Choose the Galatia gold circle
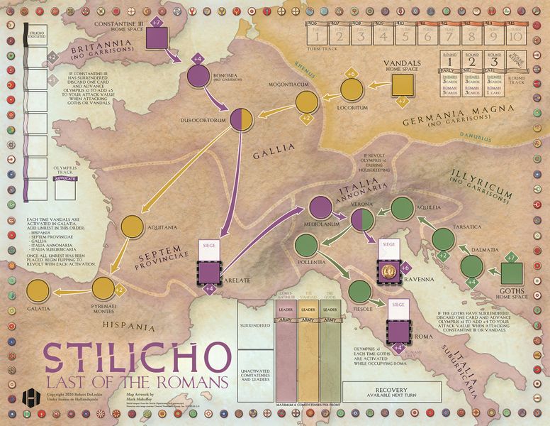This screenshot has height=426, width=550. click(38, 291)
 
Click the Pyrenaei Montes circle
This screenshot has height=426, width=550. click(103, 288)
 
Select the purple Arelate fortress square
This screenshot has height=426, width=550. click(209, 271)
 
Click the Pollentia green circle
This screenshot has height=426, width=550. click(305, 251)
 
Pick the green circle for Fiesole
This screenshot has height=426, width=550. click(359, 290)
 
